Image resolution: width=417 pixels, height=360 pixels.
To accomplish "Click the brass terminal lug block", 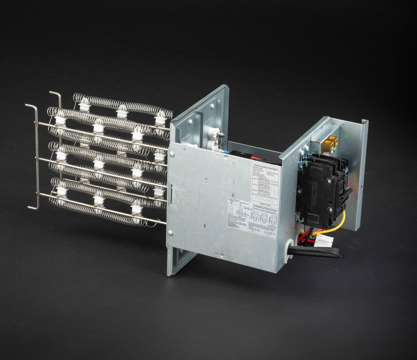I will click(x=330, y=145).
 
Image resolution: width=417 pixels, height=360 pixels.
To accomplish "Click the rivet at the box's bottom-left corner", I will click(x=171, y=233).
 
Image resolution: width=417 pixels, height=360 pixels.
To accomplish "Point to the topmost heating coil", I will click(x=123, y=106).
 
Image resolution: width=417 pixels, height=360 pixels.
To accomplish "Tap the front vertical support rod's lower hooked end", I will click(x=32, y=208).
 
